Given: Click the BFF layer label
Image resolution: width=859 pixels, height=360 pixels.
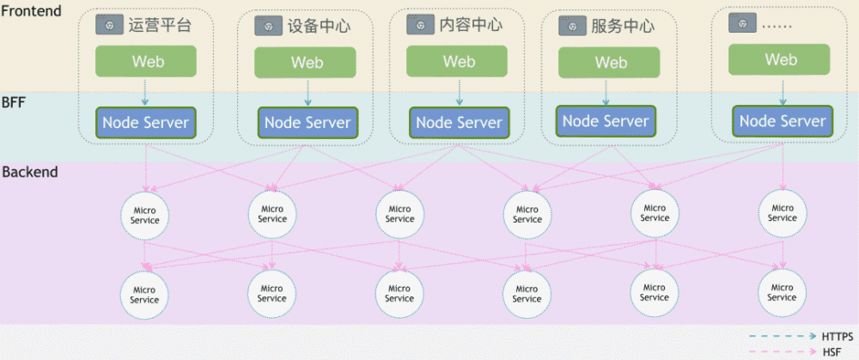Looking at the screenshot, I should pos(15,102).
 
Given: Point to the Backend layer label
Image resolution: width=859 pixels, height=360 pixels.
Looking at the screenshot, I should pos(30,172).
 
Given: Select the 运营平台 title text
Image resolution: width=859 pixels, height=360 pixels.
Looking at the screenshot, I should pos(159,26).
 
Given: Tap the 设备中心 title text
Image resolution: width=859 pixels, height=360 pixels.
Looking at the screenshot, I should pos(320,27).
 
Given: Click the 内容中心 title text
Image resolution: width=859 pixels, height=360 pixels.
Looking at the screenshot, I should pos(471,25).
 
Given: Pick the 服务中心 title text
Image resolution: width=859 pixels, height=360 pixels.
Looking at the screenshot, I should pos(623,26).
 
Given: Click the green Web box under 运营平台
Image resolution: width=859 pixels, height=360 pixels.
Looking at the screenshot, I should pos(145,61).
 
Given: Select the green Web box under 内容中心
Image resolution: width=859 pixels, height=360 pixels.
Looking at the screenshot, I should pos(459,62).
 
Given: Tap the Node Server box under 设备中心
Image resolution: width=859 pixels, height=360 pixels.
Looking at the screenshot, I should pos(307,122).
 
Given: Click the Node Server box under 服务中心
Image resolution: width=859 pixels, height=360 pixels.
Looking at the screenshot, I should pos(606,121).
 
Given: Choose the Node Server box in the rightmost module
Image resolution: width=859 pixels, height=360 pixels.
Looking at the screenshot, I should pos(783,121).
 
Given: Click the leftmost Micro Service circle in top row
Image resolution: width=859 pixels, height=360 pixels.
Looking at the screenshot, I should pos(144,215).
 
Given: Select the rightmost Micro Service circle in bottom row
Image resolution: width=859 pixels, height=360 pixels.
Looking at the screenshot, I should pos(782,292).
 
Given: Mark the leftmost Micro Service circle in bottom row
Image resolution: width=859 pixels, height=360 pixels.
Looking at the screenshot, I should pos(144,294).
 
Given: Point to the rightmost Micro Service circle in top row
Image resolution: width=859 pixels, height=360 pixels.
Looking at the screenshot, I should pos(782,213).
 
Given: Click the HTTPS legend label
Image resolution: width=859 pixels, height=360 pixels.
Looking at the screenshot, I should pos(838,337).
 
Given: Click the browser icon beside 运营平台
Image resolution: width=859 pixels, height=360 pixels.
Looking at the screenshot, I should pos(109,27).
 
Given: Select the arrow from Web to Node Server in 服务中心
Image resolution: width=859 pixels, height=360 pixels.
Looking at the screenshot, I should pos(606,91).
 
